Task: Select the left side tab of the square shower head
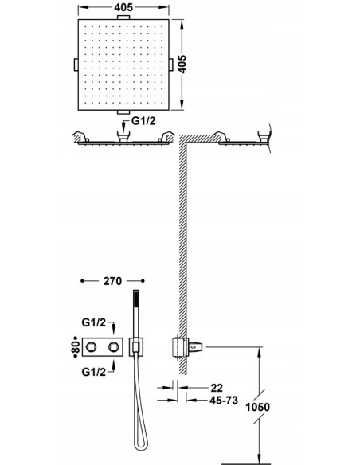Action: pos(76,64)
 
